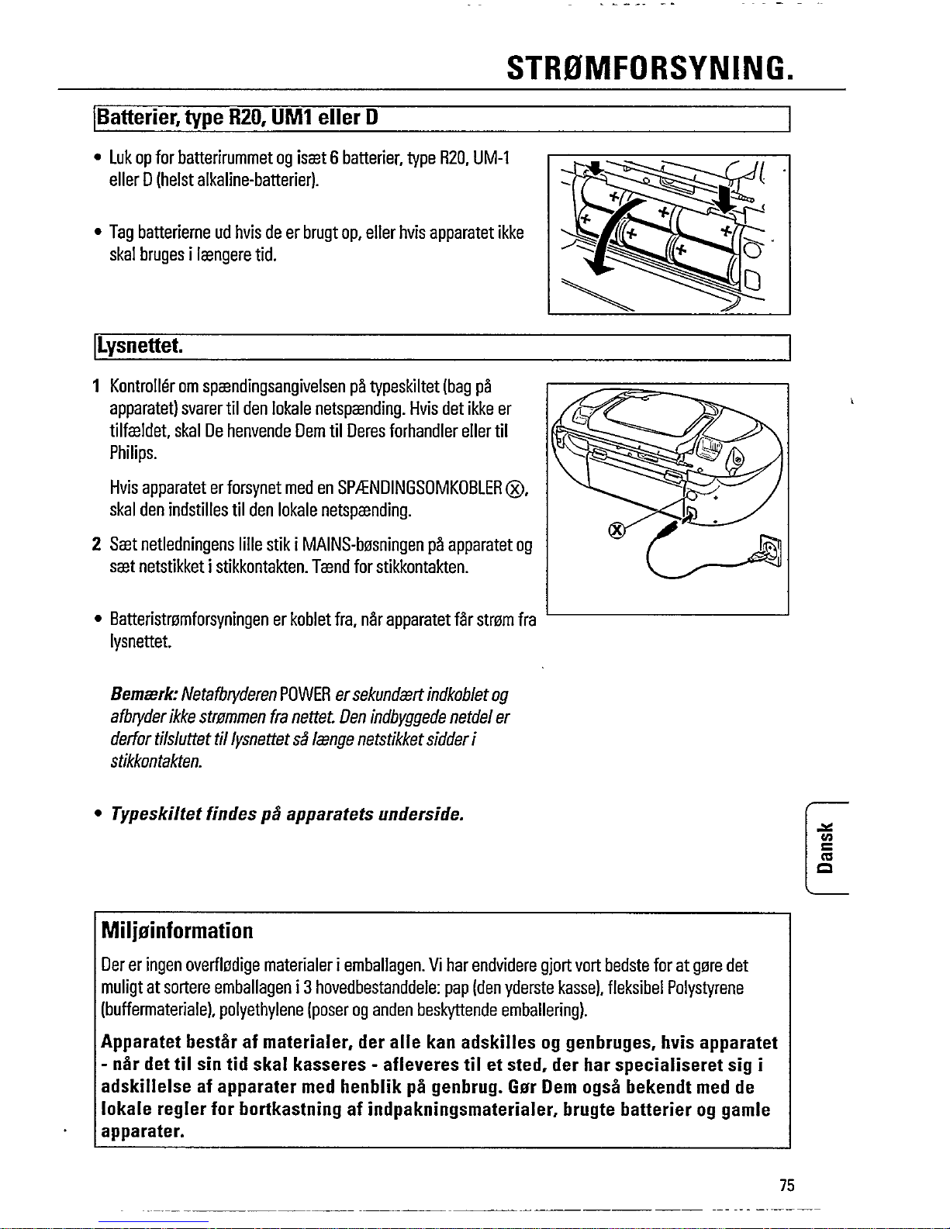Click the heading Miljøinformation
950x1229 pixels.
click(178, 930)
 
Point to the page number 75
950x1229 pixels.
click(787, 1185)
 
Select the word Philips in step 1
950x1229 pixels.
click(133, 453)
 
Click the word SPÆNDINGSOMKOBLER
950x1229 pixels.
click(420, 488)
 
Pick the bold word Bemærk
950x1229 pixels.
click(143, 695)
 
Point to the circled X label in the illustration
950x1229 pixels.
click(617, 530)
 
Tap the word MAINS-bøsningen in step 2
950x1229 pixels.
click(354, 545)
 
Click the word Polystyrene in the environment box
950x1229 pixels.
click(705, 988)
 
